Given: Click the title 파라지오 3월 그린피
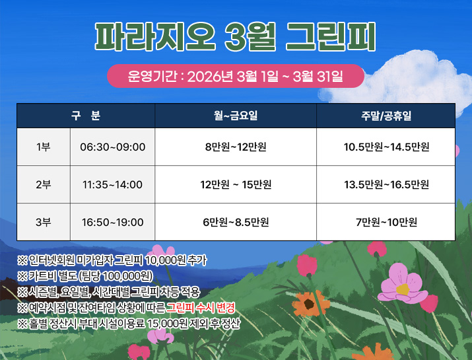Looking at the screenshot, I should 236,38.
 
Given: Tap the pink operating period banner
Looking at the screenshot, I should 236,76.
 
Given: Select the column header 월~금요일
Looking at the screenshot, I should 236,116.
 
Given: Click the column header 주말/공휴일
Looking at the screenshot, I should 386,116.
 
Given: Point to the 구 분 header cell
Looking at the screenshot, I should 86,116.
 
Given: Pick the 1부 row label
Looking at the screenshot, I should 44,147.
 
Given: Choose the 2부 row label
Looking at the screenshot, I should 44,184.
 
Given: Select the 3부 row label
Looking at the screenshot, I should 44,222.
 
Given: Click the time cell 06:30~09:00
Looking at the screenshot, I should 112,147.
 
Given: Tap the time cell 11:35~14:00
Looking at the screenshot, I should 112,184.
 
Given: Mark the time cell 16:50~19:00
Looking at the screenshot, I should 112,222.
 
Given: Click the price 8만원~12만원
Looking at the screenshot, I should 236,147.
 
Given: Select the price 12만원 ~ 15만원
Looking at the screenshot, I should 236,184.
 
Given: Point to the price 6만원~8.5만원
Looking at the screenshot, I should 236,222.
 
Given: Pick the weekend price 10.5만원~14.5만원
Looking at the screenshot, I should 386,147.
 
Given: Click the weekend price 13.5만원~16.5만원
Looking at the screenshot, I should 386,184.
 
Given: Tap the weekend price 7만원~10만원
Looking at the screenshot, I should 386,222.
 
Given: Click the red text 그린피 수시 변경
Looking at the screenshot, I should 201,308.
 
